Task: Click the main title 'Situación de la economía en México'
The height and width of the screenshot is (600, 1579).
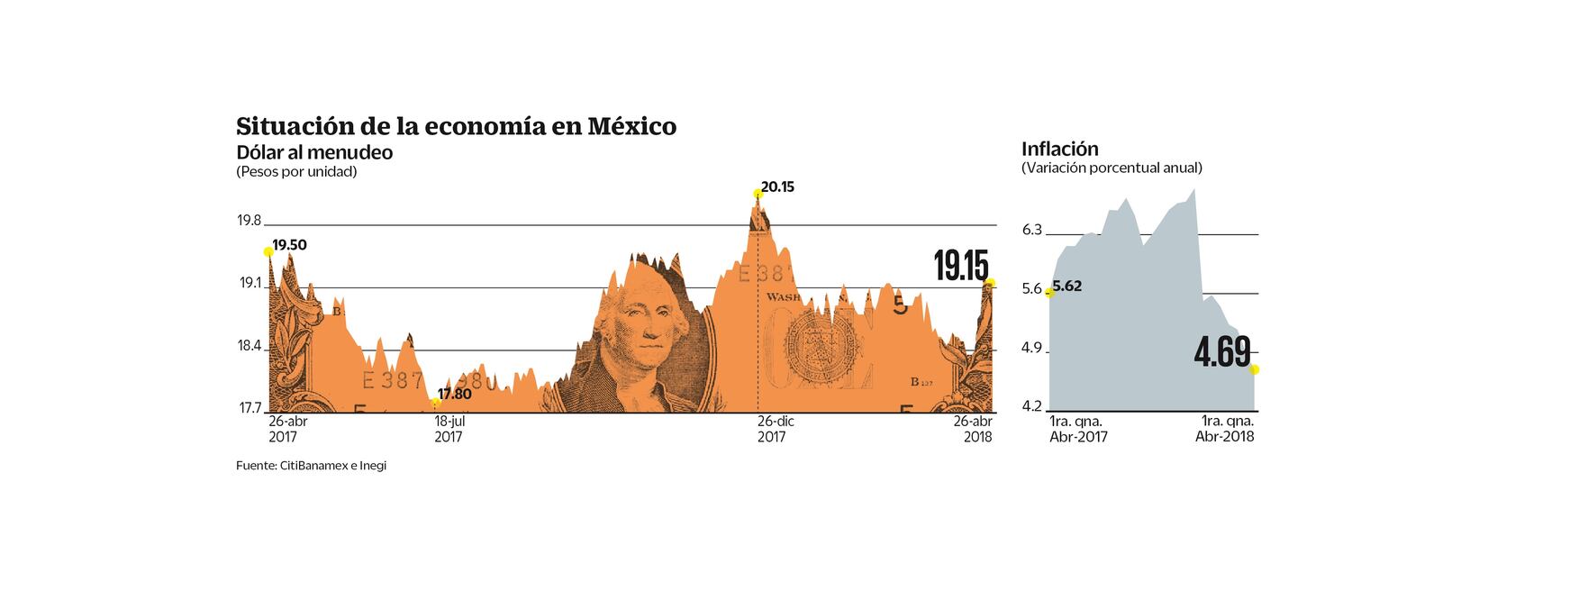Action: pos(456,125)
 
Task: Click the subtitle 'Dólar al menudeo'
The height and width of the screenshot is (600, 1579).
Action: pos(314,152)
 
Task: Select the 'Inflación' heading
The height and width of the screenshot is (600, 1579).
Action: pos(1059,149)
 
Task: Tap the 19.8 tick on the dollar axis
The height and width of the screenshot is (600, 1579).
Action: pos(250,221)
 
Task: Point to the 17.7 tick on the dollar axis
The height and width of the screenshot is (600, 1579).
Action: pos(250,408)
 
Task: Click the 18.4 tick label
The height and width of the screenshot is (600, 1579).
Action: pos(250,346)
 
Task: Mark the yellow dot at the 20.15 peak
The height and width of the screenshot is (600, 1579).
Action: pos(757,194)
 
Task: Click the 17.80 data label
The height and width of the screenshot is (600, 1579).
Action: pos(454,394)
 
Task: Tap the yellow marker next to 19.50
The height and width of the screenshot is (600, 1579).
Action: pos(268,252)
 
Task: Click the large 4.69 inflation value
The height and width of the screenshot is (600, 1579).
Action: pos(1221,352)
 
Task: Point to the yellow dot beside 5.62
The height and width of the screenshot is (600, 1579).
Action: pos(1049,292)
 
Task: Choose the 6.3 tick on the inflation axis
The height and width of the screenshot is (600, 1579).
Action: pos(1031,230)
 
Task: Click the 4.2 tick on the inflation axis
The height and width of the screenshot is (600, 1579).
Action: pos(1031,406)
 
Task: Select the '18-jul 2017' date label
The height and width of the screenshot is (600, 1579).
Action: pos(449,429)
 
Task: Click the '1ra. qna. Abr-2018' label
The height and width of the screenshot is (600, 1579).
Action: pos(1225,429)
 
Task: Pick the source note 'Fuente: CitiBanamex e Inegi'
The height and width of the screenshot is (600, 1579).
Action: pos(311,466)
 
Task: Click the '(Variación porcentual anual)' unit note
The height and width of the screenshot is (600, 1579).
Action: pos(1112,168)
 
